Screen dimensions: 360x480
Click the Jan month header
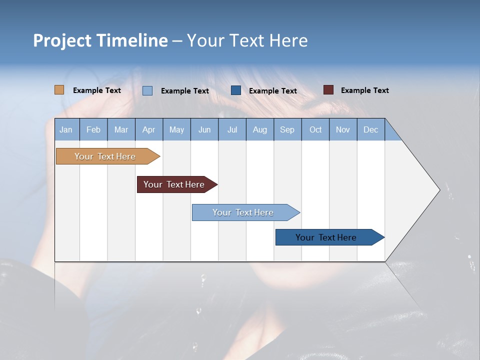(66, 129)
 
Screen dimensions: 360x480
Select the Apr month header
(148, 129)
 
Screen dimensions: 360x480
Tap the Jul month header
(232, 129)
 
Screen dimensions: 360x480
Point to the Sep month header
(287, 129)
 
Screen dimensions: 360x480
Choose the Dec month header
(370, 129)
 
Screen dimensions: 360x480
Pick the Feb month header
(93, 129)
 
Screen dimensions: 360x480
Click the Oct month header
(315, 129)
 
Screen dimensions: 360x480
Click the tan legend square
(59, 90)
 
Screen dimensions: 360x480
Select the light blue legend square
(147, 90)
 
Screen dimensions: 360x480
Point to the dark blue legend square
(236, 90)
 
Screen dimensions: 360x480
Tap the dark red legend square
(328, 90)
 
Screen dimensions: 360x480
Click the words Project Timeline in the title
(100, 40)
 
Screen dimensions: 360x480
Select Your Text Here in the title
(247, 40)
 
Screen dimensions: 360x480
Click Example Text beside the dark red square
(364, 90)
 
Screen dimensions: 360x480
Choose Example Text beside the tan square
(97, 90)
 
